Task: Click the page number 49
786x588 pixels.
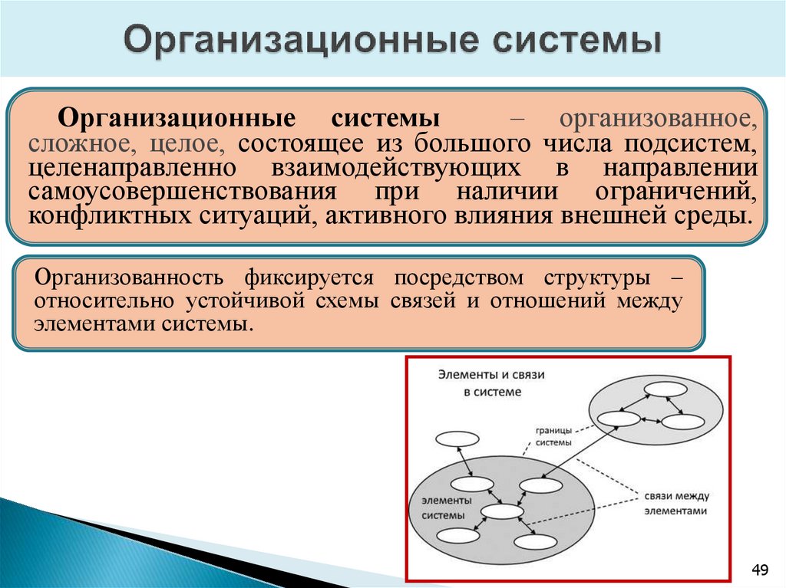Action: (x=759, y=569)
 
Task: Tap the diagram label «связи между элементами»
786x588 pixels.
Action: (x=675, y=503)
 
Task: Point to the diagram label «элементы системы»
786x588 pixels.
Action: (x=443, y=507)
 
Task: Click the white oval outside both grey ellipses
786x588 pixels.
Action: (x=457, y=439)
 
